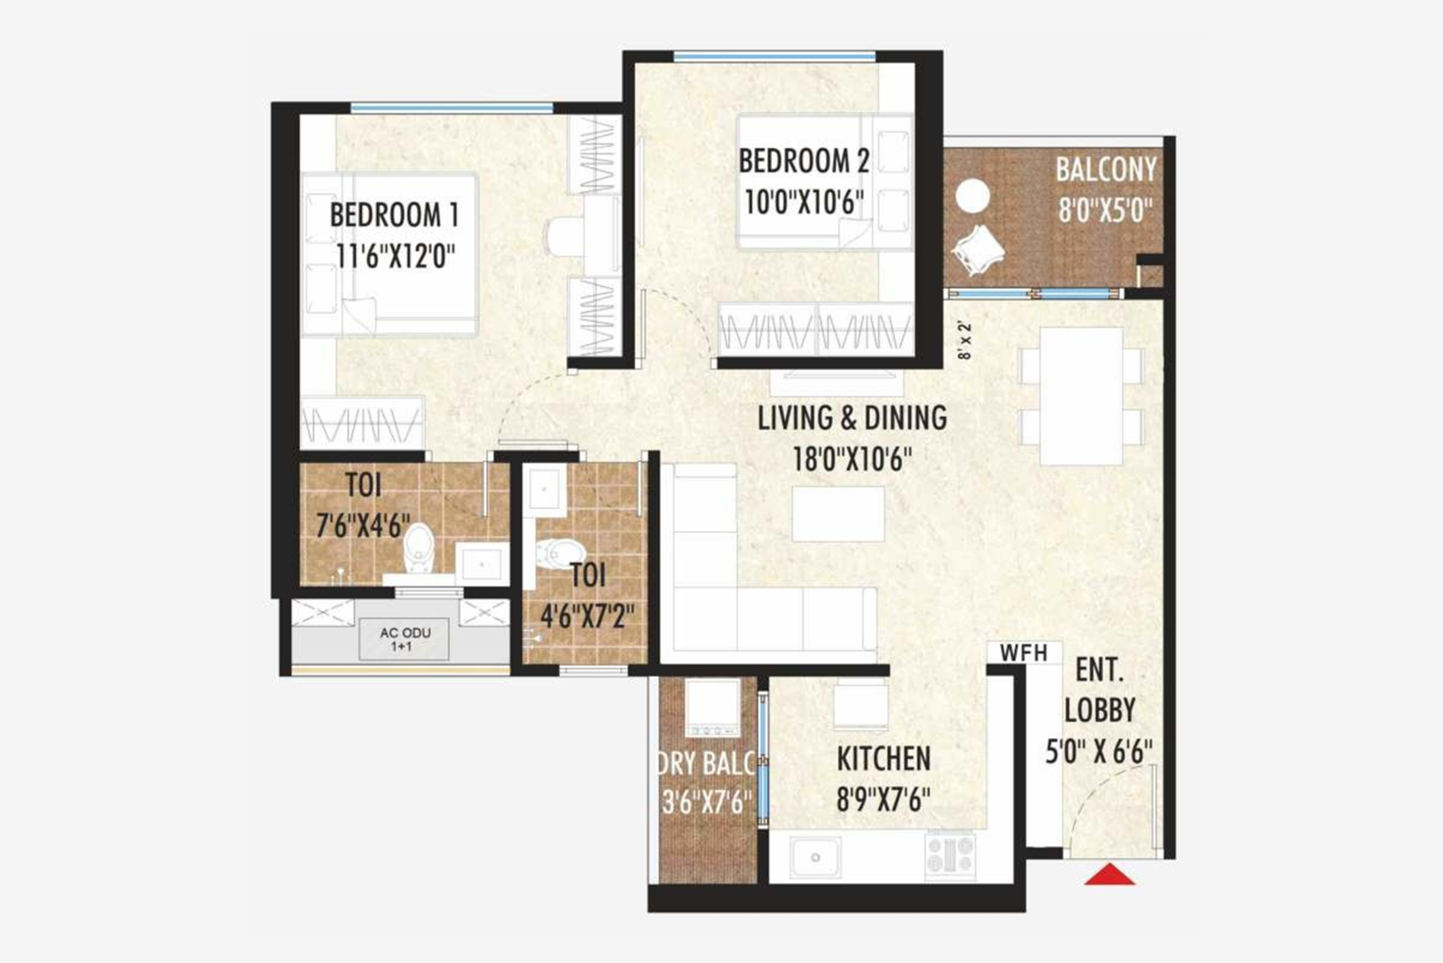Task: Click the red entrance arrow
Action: point(1109,875)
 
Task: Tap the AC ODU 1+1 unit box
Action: point(404,638)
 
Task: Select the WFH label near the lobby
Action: point(1023,652)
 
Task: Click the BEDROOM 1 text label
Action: point(394,215)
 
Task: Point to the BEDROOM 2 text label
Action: point(804,161)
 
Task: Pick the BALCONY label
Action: point(1106,169)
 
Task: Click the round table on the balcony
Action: point(972,196)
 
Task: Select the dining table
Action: point(1081,395)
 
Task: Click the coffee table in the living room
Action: point(838,514)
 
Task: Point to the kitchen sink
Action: point(815,857)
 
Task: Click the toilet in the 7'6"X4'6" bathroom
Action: point(418,547)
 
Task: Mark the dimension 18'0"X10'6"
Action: point(852,459)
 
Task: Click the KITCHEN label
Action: point(883,759)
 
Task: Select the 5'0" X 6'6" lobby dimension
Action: point(1098,752)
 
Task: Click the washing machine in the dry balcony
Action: point(713,707)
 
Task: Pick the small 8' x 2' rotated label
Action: point(965,340)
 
